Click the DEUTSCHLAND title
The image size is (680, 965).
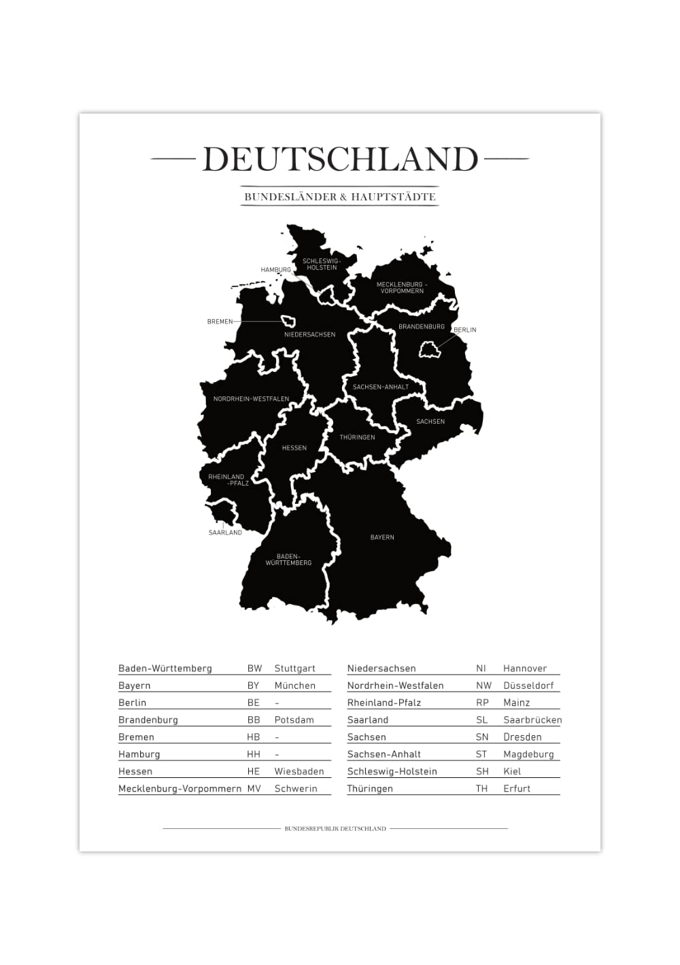click(x=340, y=160)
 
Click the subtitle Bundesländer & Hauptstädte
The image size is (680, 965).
click(x=340, y=197)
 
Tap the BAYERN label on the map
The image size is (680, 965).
click(x=382, y=537)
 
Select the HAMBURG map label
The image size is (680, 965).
click(x=275, y=270)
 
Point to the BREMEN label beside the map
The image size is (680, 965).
click(x=220, y=322)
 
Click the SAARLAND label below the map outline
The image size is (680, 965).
click(x=225, y=532)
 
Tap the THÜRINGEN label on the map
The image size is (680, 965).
click(x=357, y=437)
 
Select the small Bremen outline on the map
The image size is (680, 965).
click(x=289, y=322)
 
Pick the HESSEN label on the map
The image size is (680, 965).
click(x=294, y=448)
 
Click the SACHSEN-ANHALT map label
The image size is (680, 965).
click(x=381, y=387)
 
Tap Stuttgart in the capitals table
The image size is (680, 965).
click(x=294, y=668)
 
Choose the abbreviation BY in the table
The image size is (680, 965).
click(x=253, y=685)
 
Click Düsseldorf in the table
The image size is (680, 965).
click(x=528, y=685)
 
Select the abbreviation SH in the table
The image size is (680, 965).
click(x=482, y=771)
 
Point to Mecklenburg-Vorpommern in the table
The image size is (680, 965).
click(x=180, y=789)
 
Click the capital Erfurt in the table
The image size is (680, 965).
click(x=517, y=789)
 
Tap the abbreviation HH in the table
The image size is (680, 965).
click(x=254, y=754)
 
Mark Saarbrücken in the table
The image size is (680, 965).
click(x=532, y=720)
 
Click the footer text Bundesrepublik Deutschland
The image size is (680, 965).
click(x=335, y=828)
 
